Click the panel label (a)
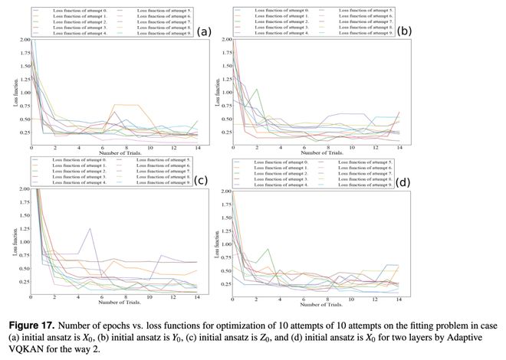click(204, 31)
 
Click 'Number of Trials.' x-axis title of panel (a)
click(115, 154)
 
